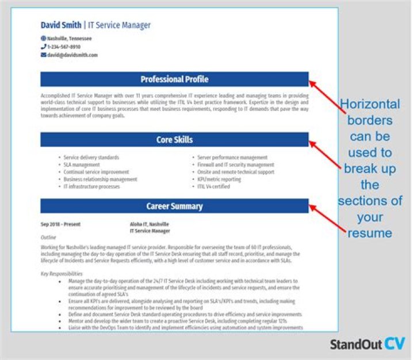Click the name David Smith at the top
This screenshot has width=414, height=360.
coord(61,25)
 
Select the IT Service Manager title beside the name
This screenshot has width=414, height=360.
coord(119,25)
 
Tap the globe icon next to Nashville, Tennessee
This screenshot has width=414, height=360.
coord(43,39)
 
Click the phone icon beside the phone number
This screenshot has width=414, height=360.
coord(43,47)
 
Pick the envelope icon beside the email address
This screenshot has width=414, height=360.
coord(43,55)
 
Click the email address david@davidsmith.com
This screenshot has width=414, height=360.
coord(72,55)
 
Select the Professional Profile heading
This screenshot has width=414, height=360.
coord(174,79)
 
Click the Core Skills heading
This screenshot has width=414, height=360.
coord(174,140)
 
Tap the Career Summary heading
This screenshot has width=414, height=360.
coord(174,206)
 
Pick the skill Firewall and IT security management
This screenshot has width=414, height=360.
coord(235,164)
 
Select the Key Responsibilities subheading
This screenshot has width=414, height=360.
coord(62,274)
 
